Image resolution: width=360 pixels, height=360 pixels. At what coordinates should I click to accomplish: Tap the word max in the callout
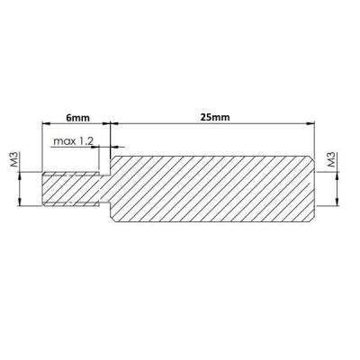click(x=65, y=141)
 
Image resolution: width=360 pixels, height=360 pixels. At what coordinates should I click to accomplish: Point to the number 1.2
click(x=87, y=141)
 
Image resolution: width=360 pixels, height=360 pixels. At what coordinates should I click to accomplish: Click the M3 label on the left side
click(x=15, y=161)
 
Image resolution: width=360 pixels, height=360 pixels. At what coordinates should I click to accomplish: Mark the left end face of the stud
click(x=43, y=190)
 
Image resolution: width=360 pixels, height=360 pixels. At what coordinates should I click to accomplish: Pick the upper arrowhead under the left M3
click(x=19, y=175)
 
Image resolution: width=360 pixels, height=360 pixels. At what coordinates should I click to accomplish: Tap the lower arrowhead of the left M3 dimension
click(x=19, y=205)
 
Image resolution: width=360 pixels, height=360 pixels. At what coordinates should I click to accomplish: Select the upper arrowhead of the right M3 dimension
click(x=335, y=175)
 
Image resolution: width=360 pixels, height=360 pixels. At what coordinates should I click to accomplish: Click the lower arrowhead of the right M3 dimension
click(x=335, y=205)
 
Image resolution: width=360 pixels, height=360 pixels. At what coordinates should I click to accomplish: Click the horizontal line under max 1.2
click(x=76, y=148)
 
